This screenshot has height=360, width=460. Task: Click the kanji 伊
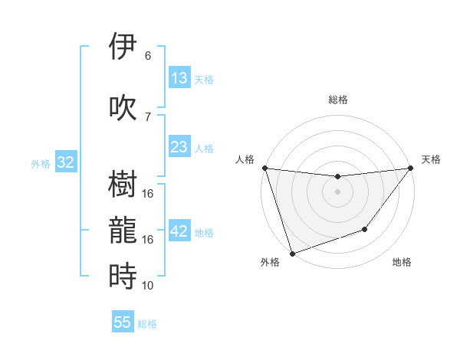(x=123, y=47)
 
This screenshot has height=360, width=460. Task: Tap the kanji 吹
(x=123, y=106)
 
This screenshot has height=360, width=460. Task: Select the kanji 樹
(x=123, y=183)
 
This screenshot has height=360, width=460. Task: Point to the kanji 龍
(x=123, y=230)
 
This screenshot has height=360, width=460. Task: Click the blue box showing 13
(x=179, y=78)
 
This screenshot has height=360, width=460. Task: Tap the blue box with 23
(x=179, y=148)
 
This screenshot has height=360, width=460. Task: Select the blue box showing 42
(x=179, y=232)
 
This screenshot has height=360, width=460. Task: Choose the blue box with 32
(x=65, y=162)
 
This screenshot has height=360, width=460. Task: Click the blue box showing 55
(x=123, y=322)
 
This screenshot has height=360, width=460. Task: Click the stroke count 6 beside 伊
(x=148, y=56)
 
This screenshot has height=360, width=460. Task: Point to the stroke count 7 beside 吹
(x=148, y=116)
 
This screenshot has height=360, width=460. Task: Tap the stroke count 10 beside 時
(x=148, y=286)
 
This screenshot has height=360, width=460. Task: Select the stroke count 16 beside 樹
(x=148, y=193)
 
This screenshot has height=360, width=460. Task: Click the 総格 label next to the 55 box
(x=147, y=324)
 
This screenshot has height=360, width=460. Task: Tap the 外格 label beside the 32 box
(x=41, y=163)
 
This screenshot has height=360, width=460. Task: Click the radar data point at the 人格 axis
(x=264, y=168)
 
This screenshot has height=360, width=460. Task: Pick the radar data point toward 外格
(x=292, y=253)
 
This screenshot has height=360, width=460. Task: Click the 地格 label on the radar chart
(x=402, y=263)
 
